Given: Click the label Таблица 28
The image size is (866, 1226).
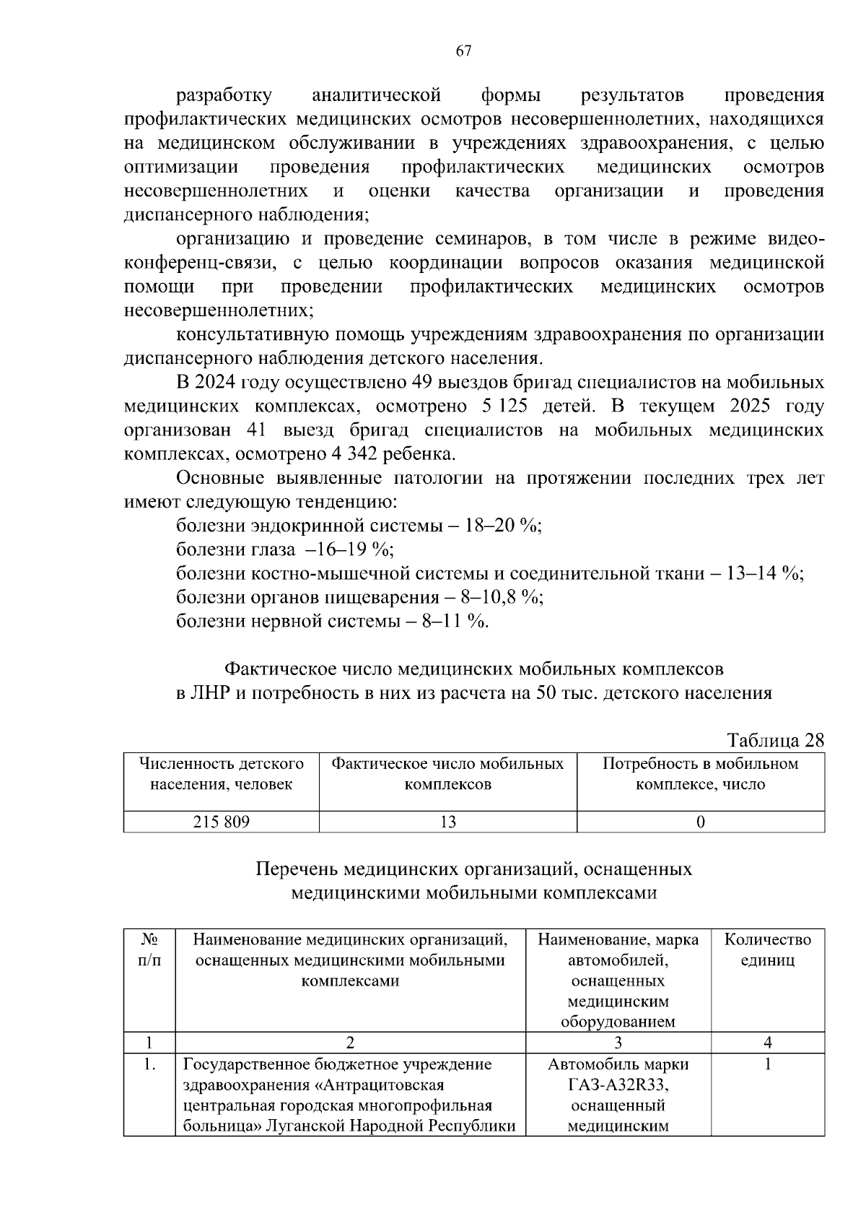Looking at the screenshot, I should (x=775, y=741).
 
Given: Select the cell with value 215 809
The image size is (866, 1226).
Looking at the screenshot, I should (x=221, y=822).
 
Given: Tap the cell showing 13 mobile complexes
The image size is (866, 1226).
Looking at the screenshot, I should (x=447, y=822).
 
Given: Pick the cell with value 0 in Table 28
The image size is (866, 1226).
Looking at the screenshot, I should (x=700, y=822).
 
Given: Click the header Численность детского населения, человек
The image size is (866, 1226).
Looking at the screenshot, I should (x=221, y=774).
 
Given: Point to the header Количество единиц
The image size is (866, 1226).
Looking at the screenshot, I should (x=767, y=950).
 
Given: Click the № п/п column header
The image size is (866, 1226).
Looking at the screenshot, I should (x=149, y=950).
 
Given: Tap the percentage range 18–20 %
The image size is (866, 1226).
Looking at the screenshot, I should (x=503, y=526).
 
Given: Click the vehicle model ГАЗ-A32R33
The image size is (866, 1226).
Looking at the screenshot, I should (x=618, y=1084).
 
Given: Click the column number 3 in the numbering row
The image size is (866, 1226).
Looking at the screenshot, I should (x=618, y=1042).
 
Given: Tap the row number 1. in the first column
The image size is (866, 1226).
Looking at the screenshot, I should (x=149, y=1064).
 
